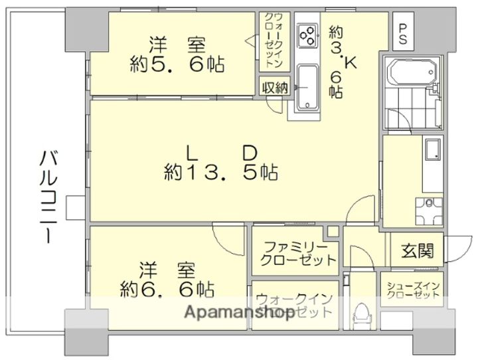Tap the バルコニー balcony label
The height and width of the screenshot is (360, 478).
(x=46, y=197)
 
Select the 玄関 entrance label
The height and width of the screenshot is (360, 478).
(x=417, y=251)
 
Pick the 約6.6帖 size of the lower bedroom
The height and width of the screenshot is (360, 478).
(x=167, y=290)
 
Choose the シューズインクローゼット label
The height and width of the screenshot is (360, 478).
(x=413, y=291)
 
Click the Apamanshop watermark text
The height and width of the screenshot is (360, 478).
(x=239, y=312)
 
